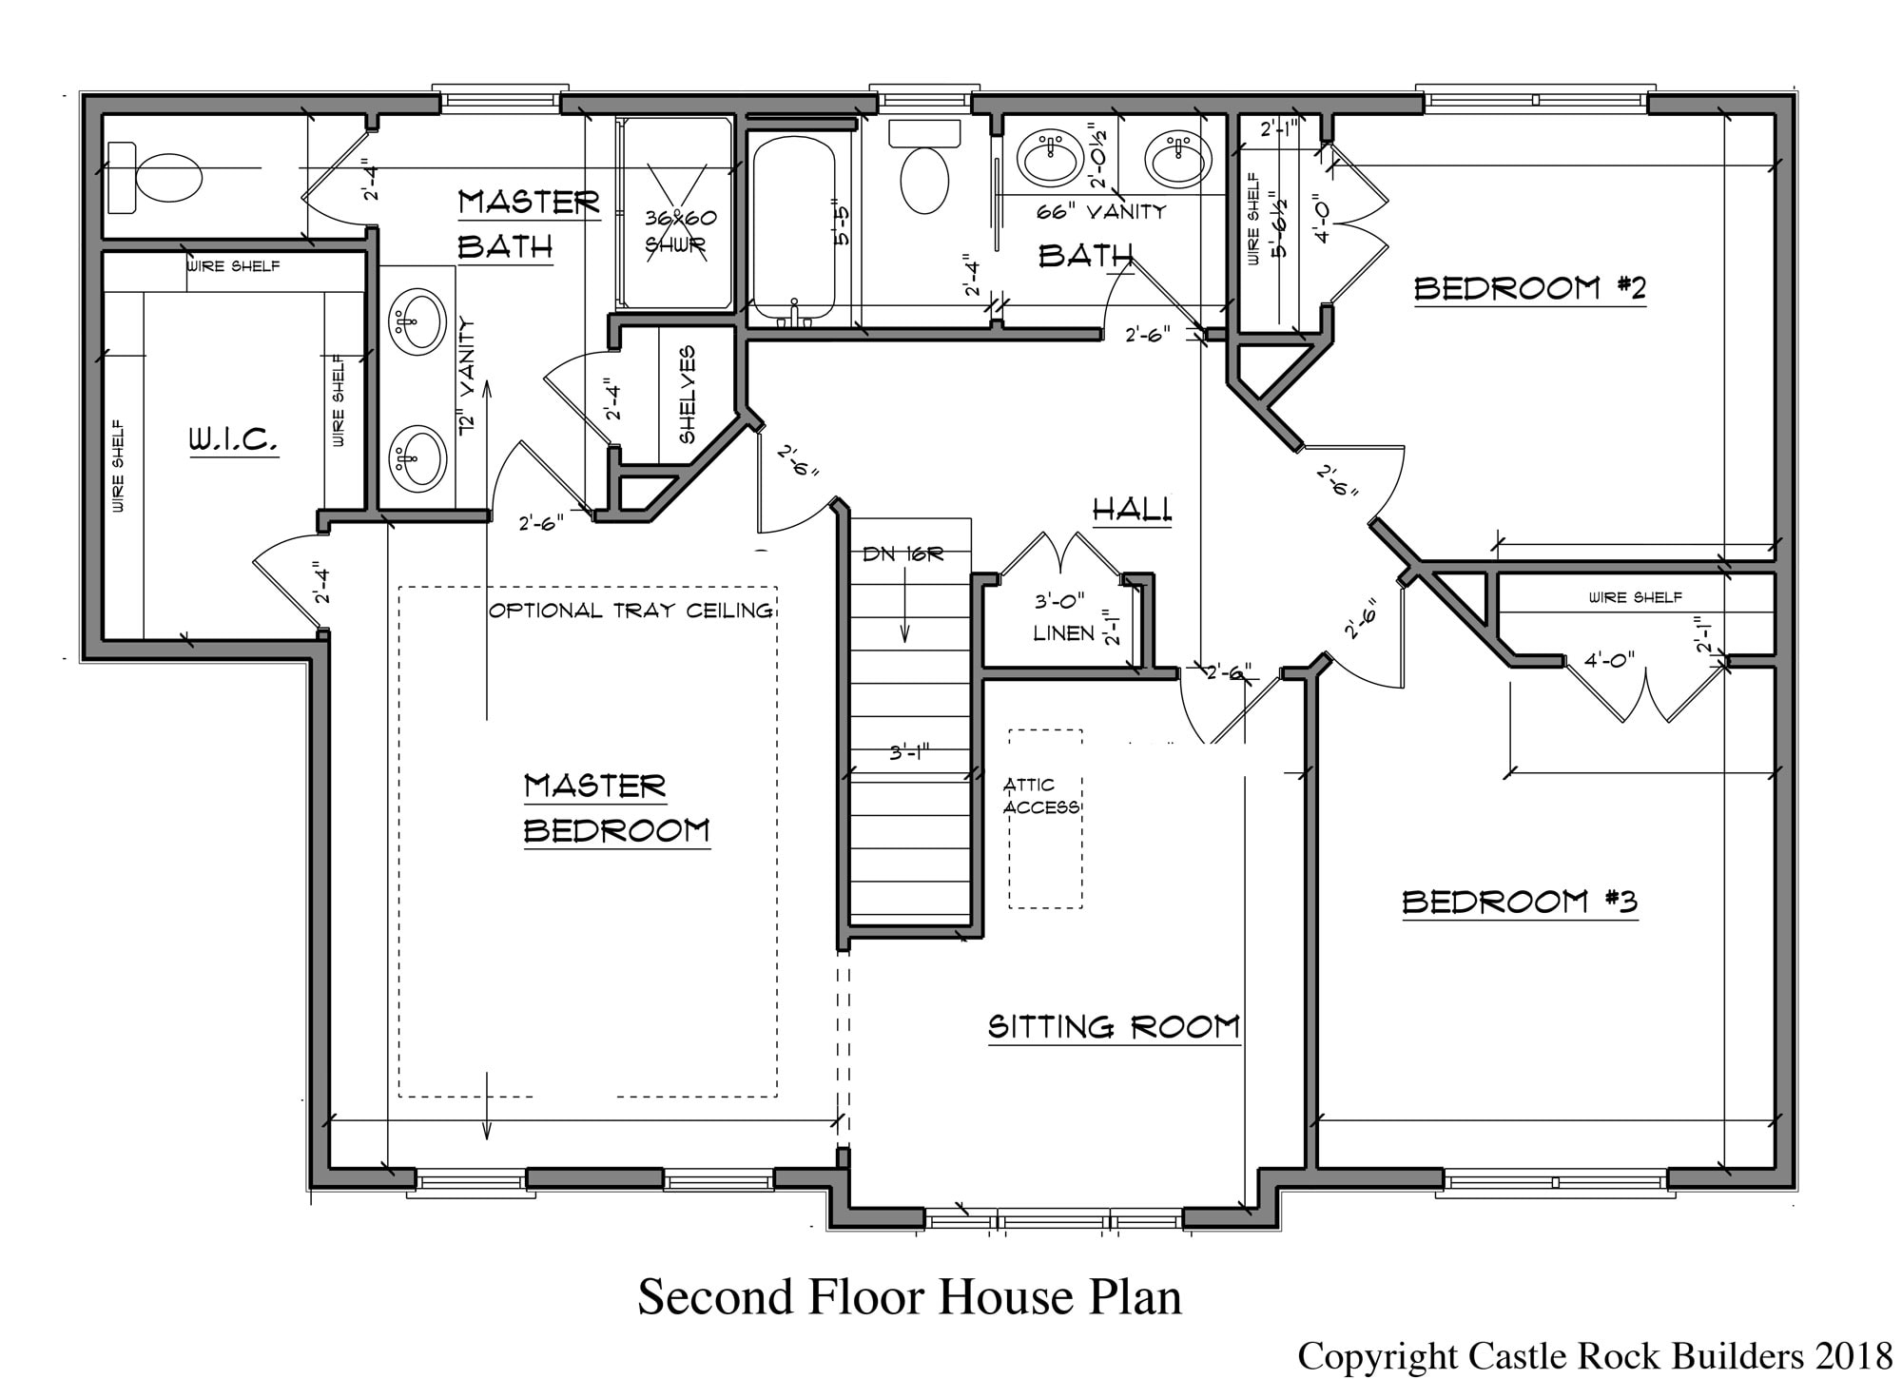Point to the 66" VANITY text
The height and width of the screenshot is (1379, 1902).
click(x=1101, y=212)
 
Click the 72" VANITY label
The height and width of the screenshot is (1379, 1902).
click(x=467, y=377)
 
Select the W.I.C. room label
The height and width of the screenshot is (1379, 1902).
click(x=233, y=440)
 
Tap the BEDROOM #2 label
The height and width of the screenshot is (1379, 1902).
click(x=1529, y=288)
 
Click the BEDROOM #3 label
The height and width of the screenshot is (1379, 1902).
click(x=1520, y=902)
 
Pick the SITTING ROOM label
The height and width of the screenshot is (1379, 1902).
click(x=1114, y=1027)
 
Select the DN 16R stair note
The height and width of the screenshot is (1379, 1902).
click(x=902, y=554)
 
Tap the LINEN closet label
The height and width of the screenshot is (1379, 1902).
click(x=1064, y=633)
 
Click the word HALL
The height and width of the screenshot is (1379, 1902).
click(x=1132, y=510)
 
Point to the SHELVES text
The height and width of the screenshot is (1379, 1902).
click(x=688, y=395)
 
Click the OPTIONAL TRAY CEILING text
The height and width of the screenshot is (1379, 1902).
click(x=631, y=611)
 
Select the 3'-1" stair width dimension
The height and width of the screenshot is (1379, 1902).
click(x=908, y=753)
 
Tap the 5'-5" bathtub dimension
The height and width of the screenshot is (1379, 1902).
click(x=841, y=224)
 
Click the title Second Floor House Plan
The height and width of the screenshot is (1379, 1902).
click(x=909, y=1297)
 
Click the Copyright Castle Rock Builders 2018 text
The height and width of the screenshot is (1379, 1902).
click(x=1596, y=1356)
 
